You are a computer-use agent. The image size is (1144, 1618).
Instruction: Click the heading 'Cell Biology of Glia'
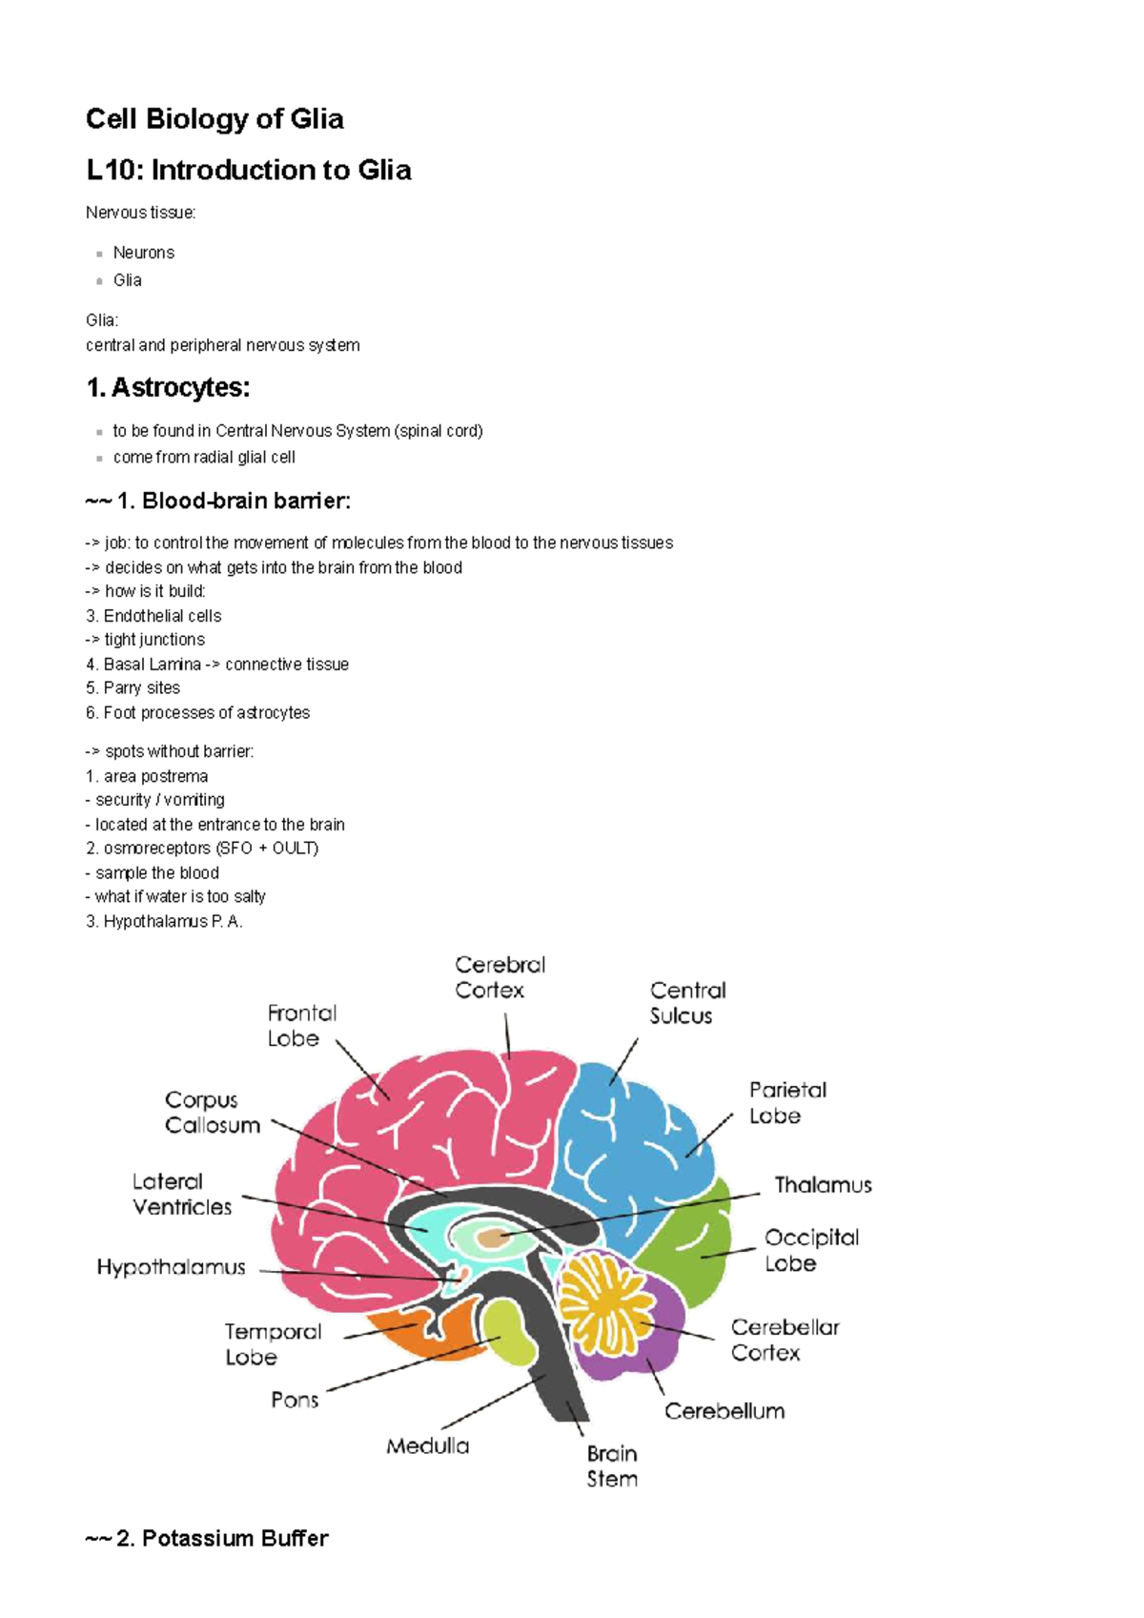214,119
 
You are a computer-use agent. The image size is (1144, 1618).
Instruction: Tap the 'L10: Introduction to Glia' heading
248,171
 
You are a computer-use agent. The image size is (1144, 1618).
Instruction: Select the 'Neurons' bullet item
144,253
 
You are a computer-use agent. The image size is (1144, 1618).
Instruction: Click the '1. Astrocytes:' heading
168,388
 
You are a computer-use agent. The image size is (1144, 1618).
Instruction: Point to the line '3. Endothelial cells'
153,616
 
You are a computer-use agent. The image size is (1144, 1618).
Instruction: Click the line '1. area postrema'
147,776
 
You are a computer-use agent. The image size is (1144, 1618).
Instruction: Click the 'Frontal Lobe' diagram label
301,1025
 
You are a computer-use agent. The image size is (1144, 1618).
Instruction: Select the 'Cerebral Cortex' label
500,977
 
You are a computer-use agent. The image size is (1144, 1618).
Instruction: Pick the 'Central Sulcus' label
687,1003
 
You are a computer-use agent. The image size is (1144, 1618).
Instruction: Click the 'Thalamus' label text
823,1185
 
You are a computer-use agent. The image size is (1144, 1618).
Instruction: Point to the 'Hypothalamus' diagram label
172,1267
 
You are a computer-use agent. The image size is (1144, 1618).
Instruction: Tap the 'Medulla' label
427,1446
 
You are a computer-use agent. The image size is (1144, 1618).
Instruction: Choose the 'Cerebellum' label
725,1411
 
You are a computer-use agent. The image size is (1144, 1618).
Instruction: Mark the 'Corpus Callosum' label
213,1113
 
